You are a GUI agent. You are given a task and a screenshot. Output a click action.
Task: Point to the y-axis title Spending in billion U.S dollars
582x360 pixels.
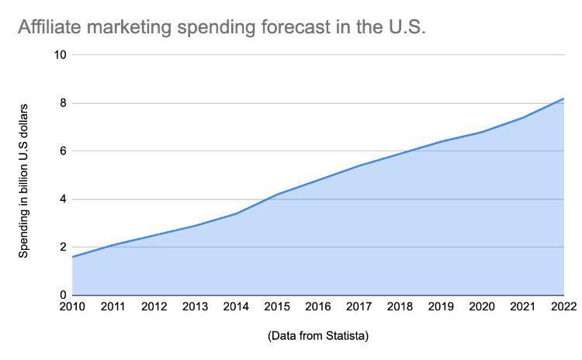pyautogui.click(x=24, y=180)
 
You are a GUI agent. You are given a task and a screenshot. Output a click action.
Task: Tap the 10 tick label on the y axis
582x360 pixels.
pyautogui.click(x=61, y=55)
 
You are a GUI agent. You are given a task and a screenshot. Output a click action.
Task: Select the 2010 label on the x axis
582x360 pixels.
pyautogui.click(x=72, y=307)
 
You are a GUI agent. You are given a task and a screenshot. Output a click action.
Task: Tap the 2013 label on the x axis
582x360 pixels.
pyautogui.click(x=195, y=307)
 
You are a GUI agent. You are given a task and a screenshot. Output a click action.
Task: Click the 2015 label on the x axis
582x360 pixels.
pyautogui.click(x=277, y=307)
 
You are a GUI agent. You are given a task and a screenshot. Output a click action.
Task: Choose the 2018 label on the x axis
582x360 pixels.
pyautogui.click(x=400, y=307)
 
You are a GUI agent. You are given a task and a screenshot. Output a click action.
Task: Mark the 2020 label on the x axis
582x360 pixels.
pyautogui.click(x=482, y=307)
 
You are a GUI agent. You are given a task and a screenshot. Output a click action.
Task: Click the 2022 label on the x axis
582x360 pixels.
pyautogui.click(x=563, y=307)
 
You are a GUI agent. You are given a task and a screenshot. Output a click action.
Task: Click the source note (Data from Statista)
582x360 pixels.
pyautogui.click(x=317, y=336)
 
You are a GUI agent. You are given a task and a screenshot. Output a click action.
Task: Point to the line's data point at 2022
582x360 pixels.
pyautogui.click(x=563, y=99)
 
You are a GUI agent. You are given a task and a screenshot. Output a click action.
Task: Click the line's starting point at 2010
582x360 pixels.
pyautogui.click(x=72, y=257)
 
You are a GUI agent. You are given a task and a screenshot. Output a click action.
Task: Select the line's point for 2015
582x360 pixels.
pyautogui.click(x=277, y=194)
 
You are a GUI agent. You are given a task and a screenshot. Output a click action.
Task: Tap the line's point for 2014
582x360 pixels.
pyautogui.click(x=236, y=213)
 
